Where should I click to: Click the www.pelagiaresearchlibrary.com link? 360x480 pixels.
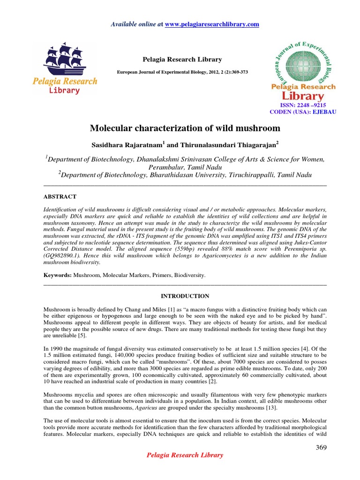pos(219,24)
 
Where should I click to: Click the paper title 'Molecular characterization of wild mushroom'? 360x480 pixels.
pos(185,128)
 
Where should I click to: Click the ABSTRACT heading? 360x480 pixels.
pos(60,196)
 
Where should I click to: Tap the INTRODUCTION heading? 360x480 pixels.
pos(185,296)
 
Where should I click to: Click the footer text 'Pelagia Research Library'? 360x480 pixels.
pos(185,455)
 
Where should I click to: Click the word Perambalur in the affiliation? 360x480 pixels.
pos(167,167)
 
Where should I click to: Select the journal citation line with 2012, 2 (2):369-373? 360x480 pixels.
pos(182,72)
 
